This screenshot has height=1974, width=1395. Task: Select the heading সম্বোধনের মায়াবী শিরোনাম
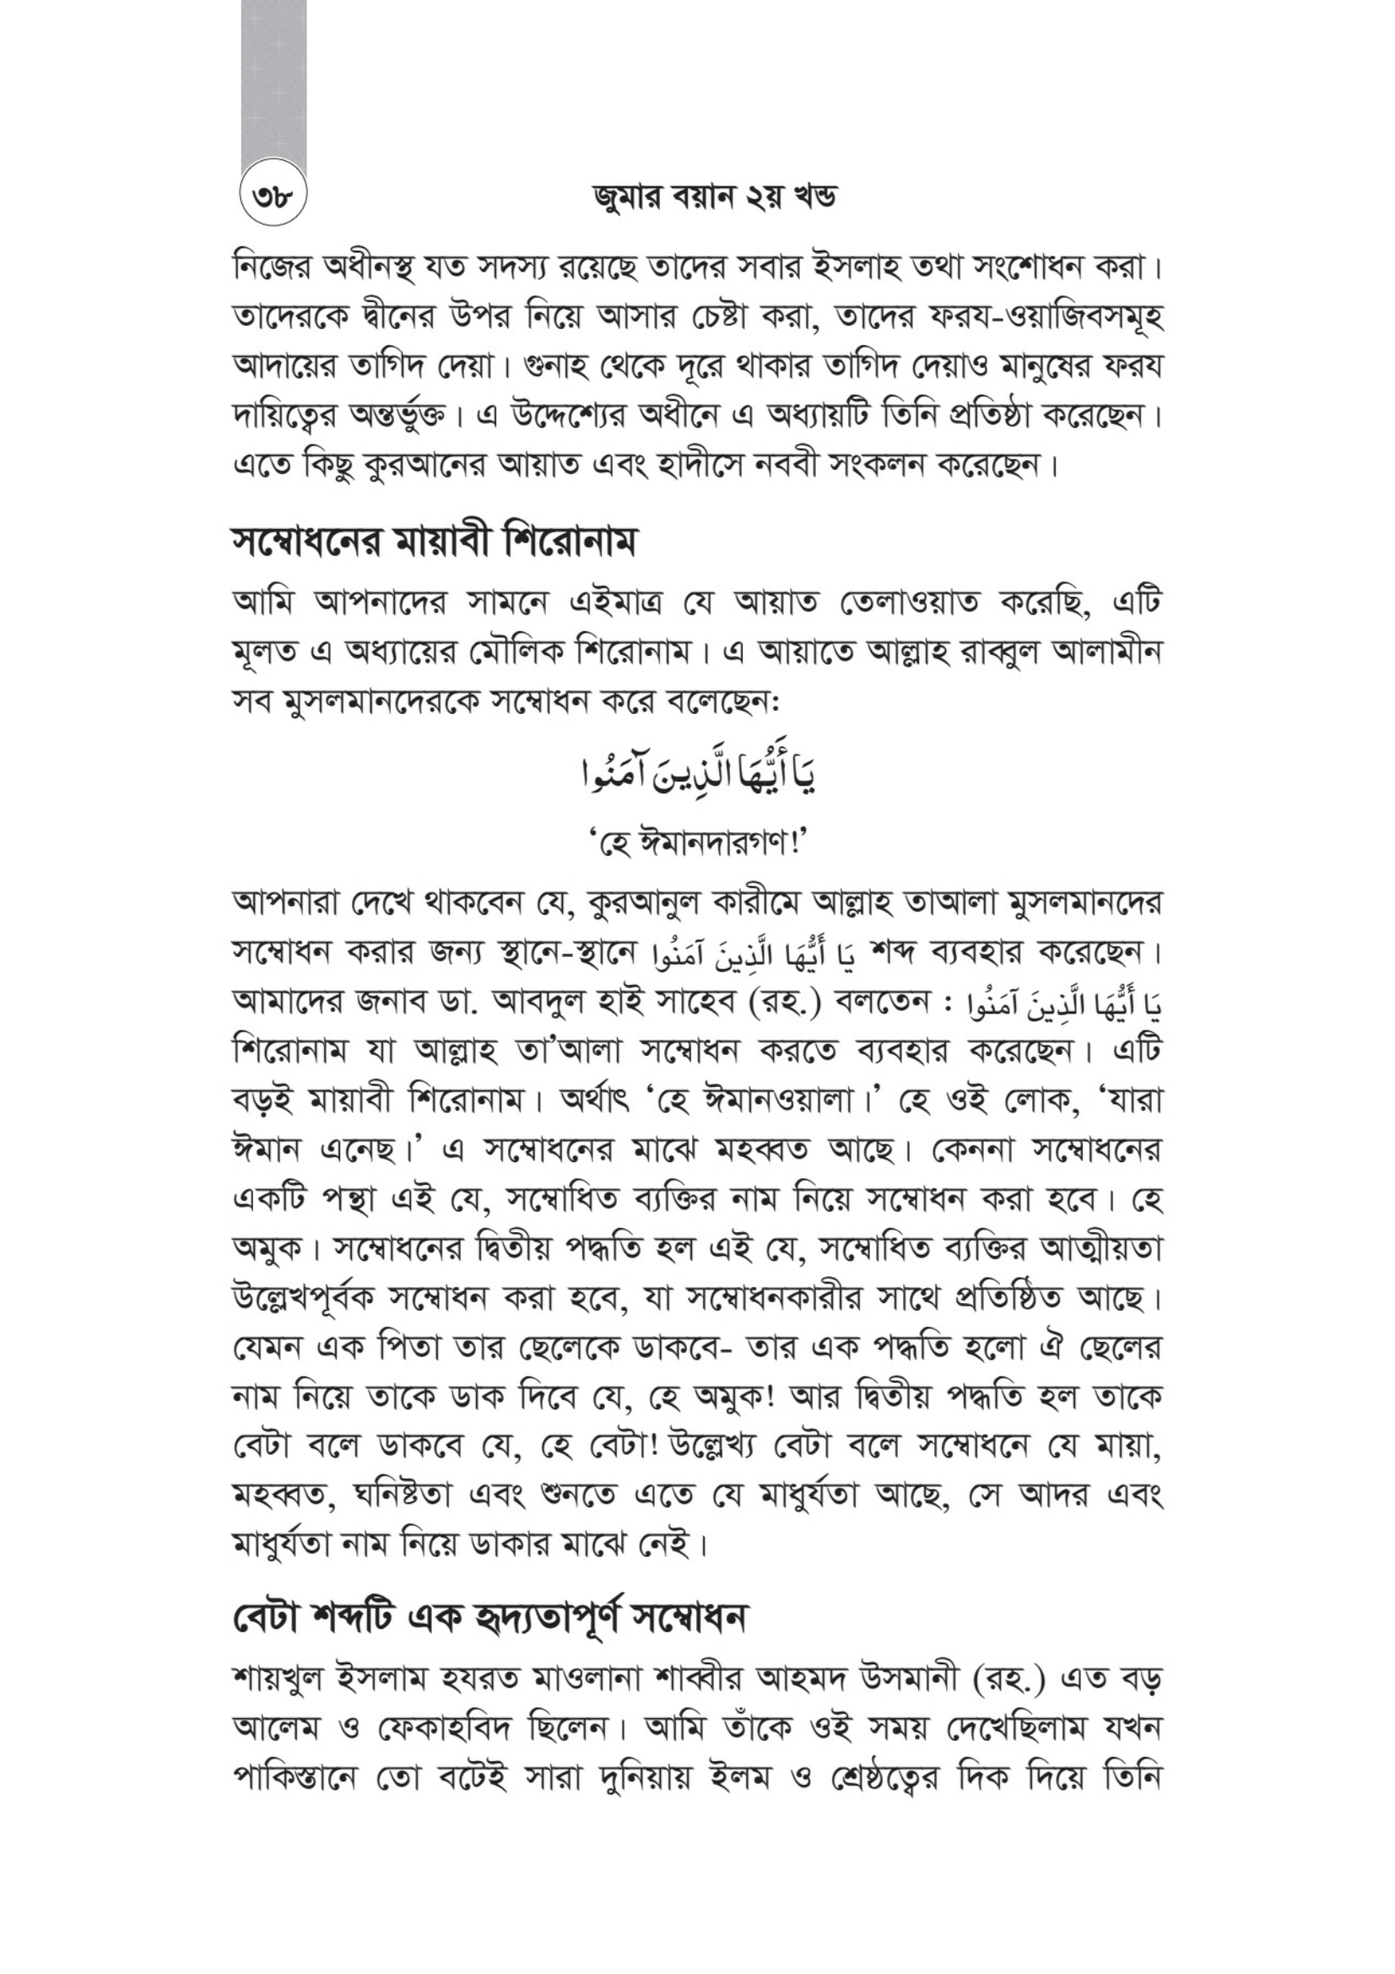(x=435, y=544)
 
